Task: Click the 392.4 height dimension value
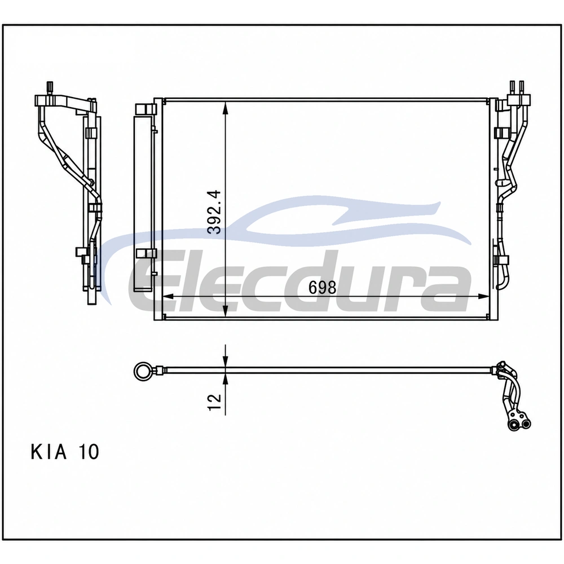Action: (x=215, y=212)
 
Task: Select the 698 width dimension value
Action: (x=322, y=288)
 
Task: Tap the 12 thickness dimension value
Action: (x=214, y=402)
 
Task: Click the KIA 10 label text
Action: (x=65, y=452)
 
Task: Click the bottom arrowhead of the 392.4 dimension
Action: (x=225, y=311)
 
